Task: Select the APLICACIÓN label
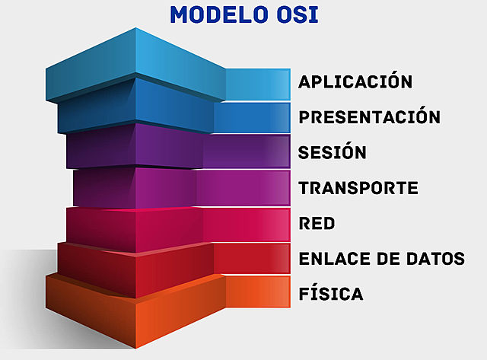click(355, 82)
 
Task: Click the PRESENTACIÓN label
click(369, 117)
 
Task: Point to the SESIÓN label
click(333, 151)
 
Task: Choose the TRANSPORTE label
click(358, 187)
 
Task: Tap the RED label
click(317, 224)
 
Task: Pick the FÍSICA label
click(331, 294)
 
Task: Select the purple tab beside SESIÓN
click(247, 151)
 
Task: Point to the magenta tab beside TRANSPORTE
click(243, 186)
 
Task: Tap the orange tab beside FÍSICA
click(259, 292)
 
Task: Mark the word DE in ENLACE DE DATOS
click(387, 259)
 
